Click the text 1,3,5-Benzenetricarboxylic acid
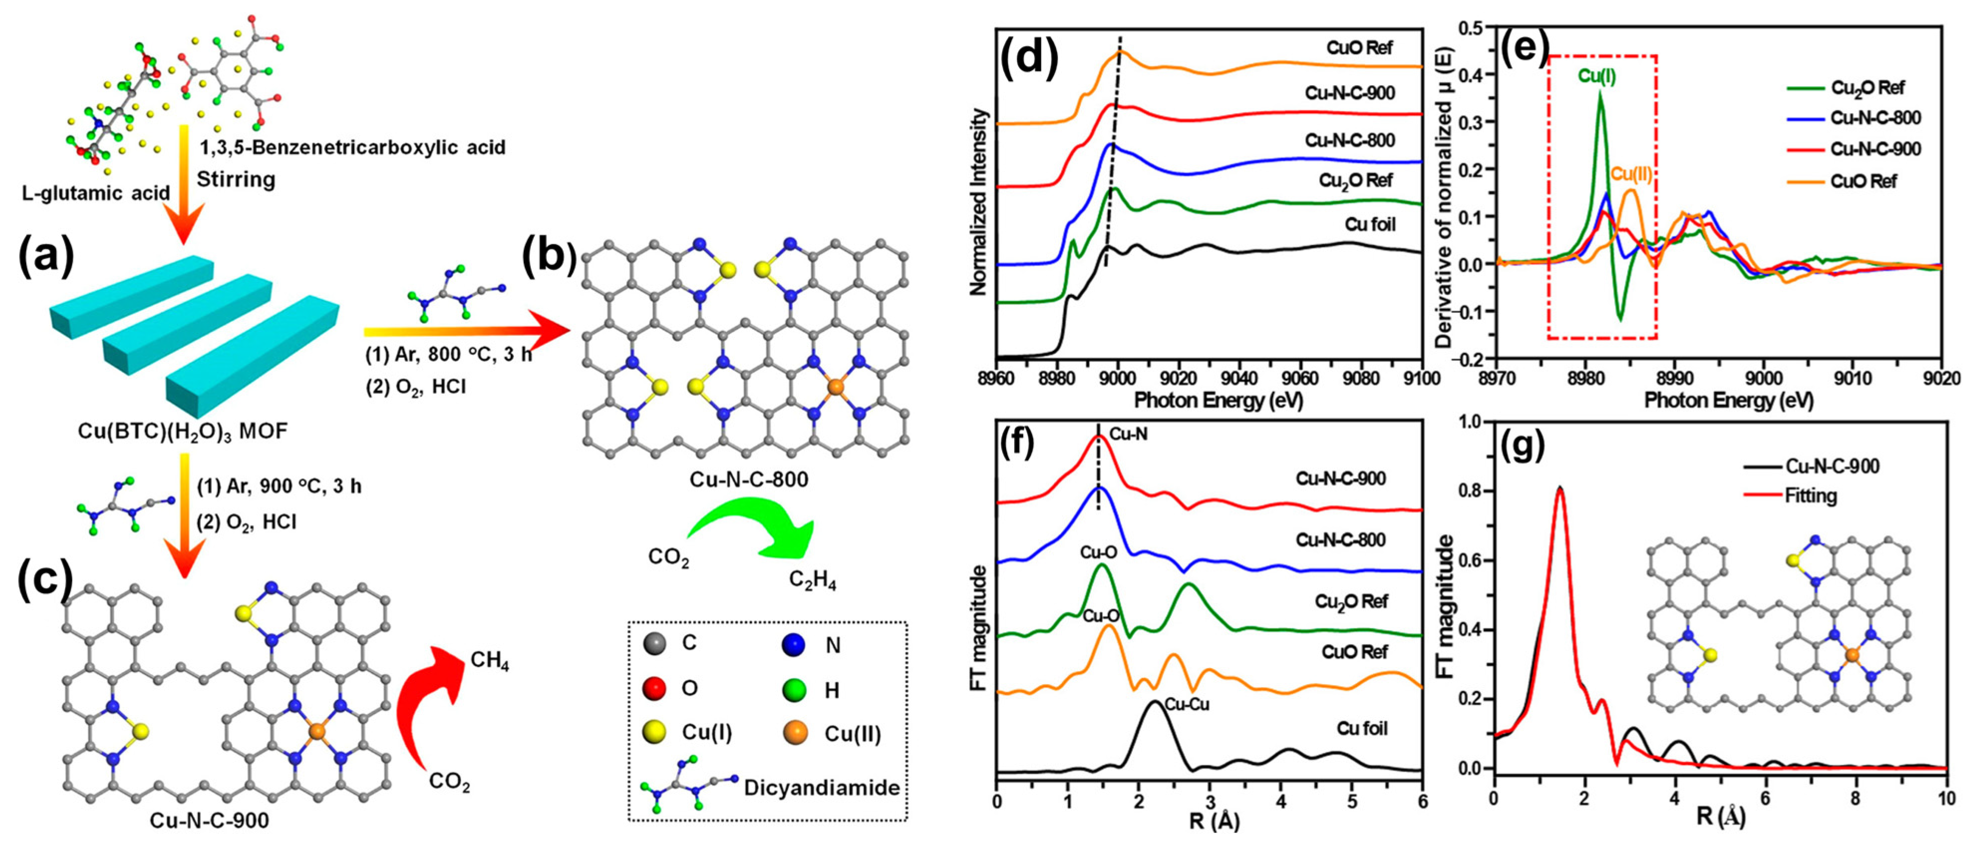(x=352, y=147)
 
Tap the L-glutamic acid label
(x=96, y=193)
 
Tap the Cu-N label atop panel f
(x=1128, y=434)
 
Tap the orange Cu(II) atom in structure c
(x=317, y=731)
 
